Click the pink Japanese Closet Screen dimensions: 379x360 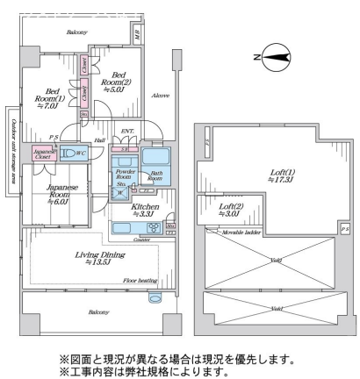[46, 152]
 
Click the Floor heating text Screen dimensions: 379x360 [141, 282]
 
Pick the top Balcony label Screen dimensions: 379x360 [77, 32]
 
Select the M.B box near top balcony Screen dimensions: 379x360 [139, 34]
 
